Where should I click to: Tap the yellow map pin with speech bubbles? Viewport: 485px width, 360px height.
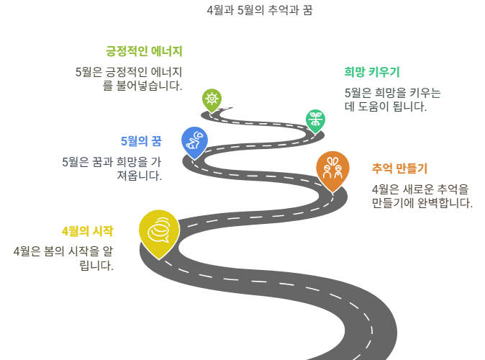(159, 231)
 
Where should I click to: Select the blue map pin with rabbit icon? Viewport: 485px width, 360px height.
(194, 141)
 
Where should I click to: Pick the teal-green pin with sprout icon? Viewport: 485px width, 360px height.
(314, 120)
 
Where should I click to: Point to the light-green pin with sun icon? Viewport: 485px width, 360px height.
(211, 99)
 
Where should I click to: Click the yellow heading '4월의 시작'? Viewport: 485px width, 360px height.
(87, 231)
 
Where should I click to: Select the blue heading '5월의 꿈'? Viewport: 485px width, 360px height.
(140, 140)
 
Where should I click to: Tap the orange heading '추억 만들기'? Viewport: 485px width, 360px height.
(399, 168)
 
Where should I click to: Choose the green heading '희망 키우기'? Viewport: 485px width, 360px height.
(372, 71)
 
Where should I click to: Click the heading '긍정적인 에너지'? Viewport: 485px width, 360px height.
(144, 51)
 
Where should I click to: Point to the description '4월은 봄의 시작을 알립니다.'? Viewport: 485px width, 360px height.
(63, 258)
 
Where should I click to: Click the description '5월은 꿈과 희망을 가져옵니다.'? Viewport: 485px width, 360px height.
(112, 168)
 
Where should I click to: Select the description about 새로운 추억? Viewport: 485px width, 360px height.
(422, 196)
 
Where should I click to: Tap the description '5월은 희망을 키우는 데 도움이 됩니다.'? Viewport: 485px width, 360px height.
(392, 99)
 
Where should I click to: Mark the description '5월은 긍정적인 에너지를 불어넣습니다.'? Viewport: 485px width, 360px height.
(129, 78)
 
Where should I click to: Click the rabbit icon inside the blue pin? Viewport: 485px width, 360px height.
(194, 140)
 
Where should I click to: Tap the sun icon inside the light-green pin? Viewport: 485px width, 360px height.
(211, 98)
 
